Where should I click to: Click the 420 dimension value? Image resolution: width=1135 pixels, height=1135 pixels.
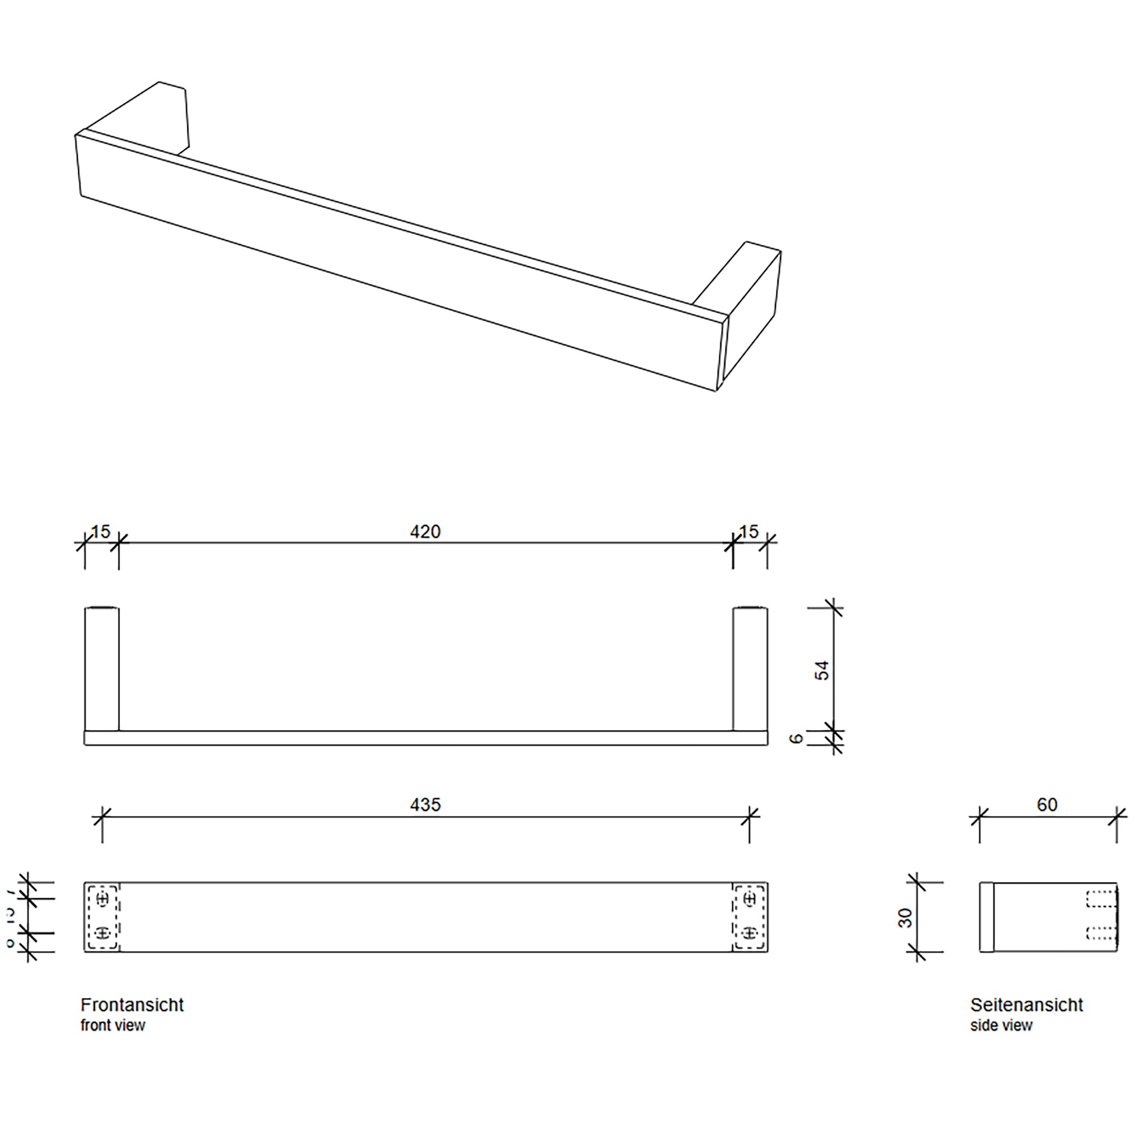[x=424, y=532]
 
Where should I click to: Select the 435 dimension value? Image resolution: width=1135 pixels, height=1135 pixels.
[x=424, y=804]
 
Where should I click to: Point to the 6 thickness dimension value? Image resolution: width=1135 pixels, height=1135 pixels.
[x=796, y=738]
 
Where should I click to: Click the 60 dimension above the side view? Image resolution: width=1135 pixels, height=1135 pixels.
[x=1047, y=804]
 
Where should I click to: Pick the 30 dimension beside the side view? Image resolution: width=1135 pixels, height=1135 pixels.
[x=906, y=918]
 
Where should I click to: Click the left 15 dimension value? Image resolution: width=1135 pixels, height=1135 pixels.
[x=100, y=532]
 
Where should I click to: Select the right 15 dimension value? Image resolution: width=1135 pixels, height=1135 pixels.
[x=749, y=532]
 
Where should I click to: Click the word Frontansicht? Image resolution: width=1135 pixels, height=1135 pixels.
[x=132, y=1005]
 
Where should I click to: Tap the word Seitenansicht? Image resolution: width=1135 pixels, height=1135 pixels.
[x=1026, y=1005]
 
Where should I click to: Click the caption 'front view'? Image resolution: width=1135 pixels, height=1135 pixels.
[x=113, y=1025]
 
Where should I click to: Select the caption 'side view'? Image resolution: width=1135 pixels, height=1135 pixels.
[x=1001, y=1025]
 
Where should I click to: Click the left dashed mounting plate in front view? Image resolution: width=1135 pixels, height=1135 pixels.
[x=103, y=917]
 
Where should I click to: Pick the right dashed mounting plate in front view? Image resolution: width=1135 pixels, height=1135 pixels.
[x=750, y=917]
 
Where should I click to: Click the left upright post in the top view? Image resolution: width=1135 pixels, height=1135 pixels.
[x=102, y=669]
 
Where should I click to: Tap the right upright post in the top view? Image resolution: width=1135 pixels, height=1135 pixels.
[x=750, y=669]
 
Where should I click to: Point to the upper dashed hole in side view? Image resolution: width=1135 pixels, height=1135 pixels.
[x=1100, y=899]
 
